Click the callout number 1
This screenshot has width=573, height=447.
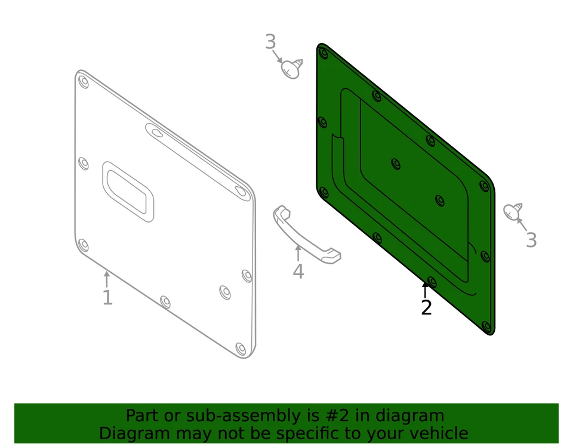(x=107, y=297)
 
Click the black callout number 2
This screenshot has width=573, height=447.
(x=426, y=308)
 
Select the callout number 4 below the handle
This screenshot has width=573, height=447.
(x=298, y=272)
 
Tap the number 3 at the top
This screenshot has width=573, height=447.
(x=270, y=42)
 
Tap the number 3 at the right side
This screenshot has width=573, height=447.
(x=531, y=241)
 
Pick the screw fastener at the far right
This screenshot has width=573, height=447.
(x=513, y=211)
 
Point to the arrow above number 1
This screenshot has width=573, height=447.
(x=107, y=279)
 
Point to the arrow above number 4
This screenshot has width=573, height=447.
(x=298, y=252)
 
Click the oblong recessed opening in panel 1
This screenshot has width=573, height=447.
(x=128, y=191)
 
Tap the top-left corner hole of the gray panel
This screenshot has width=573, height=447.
(x=84, y=82)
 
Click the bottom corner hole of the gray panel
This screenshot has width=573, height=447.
(x=241, y=348)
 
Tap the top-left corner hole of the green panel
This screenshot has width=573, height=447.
(x=324, y=53)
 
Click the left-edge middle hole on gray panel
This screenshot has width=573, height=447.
(x=84, y=163)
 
